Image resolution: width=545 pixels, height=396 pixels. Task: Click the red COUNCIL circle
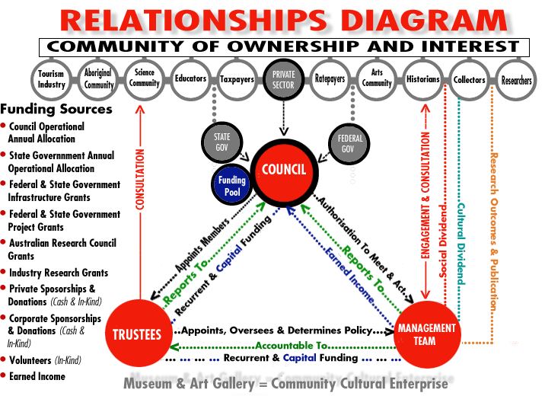(284, 172)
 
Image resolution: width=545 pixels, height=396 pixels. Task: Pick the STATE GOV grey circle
(222, 142)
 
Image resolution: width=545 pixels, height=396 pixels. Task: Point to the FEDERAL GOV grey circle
(349, 143)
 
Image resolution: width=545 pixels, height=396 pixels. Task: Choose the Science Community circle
(144, 79)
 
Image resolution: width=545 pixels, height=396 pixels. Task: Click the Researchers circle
(515, 80)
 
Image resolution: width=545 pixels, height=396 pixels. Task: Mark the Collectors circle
(469, 80)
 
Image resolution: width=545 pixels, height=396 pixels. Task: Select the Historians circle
(422, 79)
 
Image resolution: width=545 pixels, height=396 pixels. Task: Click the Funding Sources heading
(56, 109)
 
